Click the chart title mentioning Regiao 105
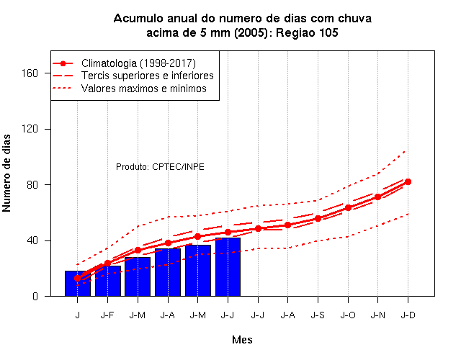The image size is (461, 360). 242,25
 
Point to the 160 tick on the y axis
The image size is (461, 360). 30,73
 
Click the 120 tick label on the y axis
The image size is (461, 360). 30,129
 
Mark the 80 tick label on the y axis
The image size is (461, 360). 32,184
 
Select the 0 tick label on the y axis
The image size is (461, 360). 35,296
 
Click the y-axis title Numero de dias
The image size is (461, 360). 6,173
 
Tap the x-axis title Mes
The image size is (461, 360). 242,340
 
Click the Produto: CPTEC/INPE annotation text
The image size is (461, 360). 160,167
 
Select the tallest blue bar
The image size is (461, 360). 228,267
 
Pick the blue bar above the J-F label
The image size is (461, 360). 107,281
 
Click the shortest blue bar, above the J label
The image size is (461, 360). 78,283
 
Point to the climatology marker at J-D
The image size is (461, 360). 408,182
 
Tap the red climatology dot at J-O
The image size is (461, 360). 348,208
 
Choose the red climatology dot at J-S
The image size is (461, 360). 318,219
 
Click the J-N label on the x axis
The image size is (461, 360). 377,315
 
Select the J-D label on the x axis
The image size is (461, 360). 408,315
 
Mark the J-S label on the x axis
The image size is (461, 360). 318,315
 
